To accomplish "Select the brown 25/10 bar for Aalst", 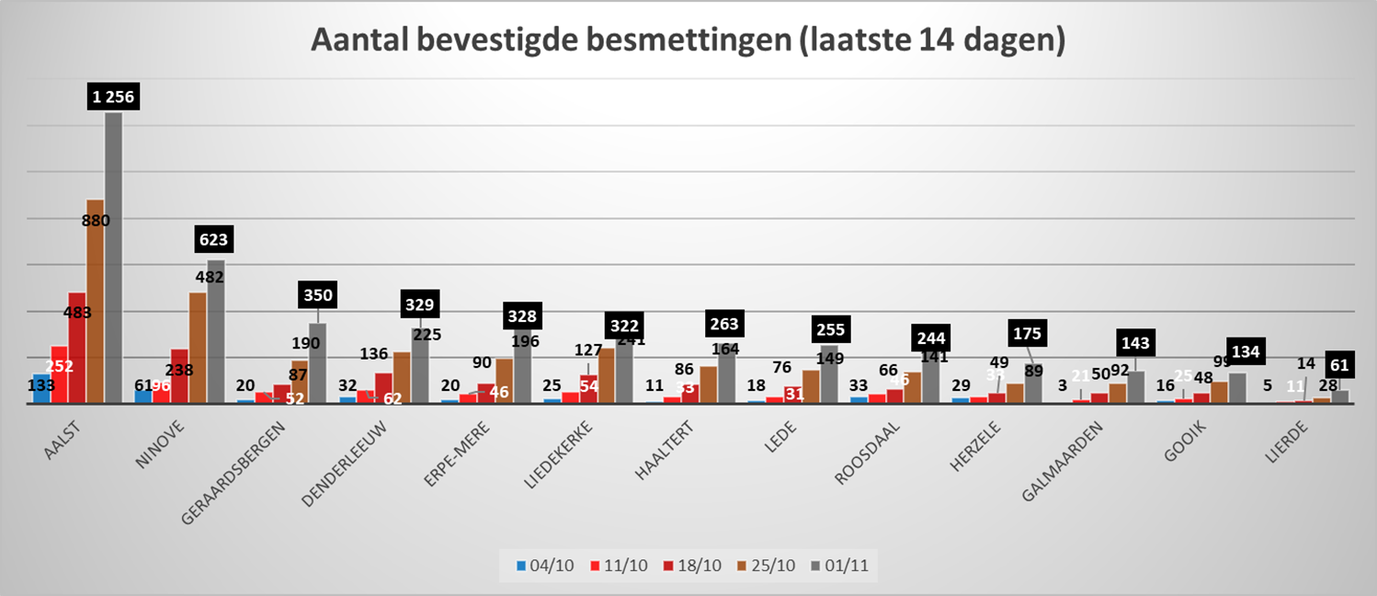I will coord(95,304).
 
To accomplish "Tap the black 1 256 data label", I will coord(113,97).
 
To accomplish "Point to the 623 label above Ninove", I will coord(215,241).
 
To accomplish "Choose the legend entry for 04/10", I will coord(545,564).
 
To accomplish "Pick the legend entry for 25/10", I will coord(752,564).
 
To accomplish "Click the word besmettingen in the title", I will coord(690,41).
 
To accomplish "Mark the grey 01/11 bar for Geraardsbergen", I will coord(317,363).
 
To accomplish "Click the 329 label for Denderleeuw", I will coord(420,304).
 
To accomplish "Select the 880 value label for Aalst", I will coord(94,221).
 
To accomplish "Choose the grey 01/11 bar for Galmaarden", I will coord(1136,386).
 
